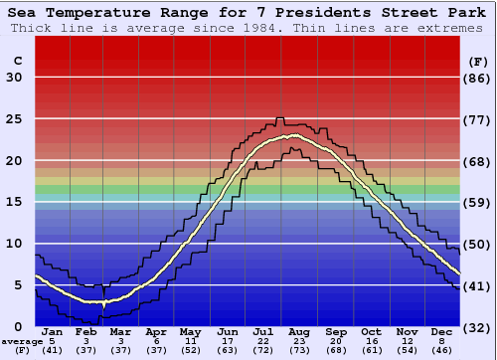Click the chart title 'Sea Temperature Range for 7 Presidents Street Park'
[248, 13]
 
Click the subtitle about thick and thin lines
[248, 28]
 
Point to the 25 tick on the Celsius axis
[14, 119]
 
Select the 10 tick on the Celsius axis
[14, 244]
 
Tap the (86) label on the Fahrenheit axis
[478, 79]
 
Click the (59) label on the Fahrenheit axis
[478, 203]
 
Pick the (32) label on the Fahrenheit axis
[478, 327]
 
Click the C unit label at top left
[17, 61]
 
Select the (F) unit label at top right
[478, 61]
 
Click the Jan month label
[52, 331]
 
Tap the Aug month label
[299, 331]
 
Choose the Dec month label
[442, 331]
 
